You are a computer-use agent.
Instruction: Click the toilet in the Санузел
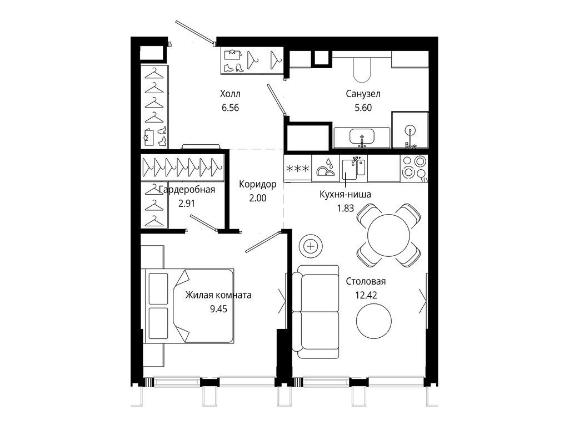point(361,68)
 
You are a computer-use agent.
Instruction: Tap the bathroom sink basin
point(361,137)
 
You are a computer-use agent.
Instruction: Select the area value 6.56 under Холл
point(230,108)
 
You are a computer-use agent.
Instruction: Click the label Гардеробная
point(187,190)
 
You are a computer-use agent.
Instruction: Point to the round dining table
point(388,235)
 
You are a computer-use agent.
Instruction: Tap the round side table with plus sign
point(311,247)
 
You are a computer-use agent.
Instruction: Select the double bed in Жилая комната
point(189,306)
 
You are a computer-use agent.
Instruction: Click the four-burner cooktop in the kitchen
point(414,168)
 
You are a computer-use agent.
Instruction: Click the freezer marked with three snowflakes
point(298,168)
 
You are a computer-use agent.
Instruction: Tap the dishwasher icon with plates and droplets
point(325,168)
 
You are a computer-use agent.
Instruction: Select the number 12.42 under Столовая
point(366,295)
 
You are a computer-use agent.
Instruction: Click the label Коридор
point(258,184)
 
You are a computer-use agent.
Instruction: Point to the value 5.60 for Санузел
point(363,108)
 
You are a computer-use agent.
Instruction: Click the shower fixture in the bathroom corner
point(411,137)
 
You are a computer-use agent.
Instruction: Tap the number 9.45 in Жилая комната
point(218,309)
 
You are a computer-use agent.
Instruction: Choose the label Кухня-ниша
point(345,195)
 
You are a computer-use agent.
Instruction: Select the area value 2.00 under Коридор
point(258,198)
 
